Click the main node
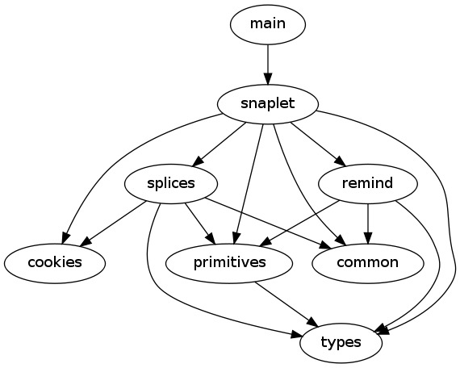268,25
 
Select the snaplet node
268,104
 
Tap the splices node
171,184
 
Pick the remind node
367,184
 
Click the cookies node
55,263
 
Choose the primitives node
229,263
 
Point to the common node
367,263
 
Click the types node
341,343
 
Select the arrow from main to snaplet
268,65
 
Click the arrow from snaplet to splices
219,144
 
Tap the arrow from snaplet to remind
318,144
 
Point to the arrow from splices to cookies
113,224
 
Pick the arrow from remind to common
368,224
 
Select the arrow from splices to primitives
200,224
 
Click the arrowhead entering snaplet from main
268,80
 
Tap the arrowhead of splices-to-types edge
296,335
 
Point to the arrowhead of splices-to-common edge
326,245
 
